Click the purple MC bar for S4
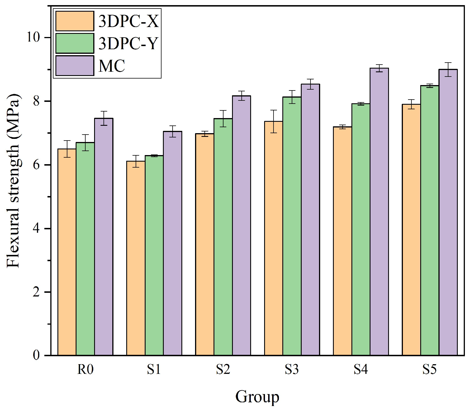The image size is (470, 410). pos(379,212)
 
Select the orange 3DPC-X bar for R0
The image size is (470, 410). pos(67,252)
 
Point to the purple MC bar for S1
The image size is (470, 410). pos(173,243)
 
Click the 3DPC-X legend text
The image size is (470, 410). pos(129,21)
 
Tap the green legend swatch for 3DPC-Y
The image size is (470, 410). pos(74,43)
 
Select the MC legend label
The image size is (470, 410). pos(112,66)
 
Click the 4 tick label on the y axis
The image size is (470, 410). pos(36,228)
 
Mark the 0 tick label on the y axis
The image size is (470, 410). pos(36,355)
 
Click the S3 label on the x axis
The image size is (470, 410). pos(292,370)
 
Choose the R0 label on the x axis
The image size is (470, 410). pos(85,370)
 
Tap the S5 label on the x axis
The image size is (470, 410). pos(429,370)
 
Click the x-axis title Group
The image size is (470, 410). pos(257,396)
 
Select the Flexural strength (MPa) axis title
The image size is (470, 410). pos(13,180)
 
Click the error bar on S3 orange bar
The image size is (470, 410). pos(274,121)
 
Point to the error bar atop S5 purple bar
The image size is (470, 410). pos(448,69)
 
